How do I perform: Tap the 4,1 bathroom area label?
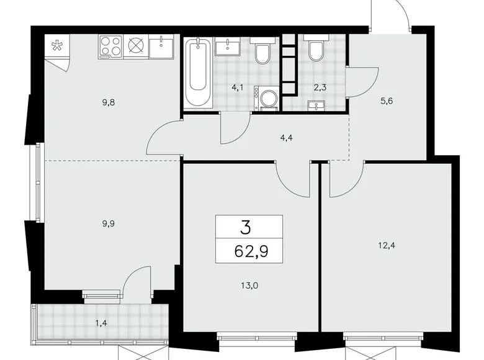coord(238,88)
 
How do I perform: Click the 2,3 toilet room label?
coord(320,88)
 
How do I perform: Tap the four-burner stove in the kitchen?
coord(110,47)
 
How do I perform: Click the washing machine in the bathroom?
coord(267,98)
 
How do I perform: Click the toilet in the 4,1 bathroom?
coord(261,52)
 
